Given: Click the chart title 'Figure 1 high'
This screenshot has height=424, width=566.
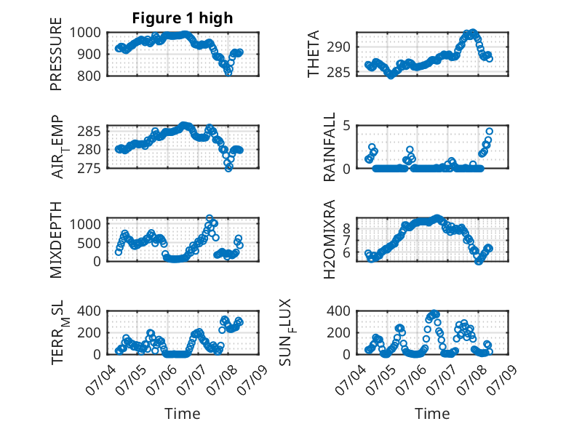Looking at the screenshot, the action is click(x=183, y=18).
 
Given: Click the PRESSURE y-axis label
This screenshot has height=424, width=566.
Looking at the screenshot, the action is click(x=56, y=54).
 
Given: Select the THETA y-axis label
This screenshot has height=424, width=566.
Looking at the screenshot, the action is click(x=314, y=54).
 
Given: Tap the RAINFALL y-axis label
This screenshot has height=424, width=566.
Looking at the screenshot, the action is click(x=330, y=147).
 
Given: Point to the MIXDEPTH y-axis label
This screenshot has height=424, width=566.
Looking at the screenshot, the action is click(x=56, y=240).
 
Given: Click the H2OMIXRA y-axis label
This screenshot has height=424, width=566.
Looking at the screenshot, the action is click(x=330, y=239).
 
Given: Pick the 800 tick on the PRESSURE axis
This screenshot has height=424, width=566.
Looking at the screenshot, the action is click(x=89, y=76).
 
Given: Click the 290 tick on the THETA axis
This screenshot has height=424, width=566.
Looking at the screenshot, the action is click(x=338, y=47).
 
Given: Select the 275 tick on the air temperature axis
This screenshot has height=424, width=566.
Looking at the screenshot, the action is click(x=89, y=168).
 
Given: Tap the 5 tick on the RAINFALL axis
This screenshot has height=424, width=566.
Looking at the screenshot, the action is click(x=346, y=126).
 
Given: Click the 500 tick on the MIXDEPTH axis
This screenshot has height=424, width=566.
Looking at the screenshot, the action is click(x=89, y=243).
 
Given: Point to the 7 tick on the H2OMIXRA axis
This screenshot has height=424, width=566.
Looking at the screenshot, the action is click(x=346, y=240).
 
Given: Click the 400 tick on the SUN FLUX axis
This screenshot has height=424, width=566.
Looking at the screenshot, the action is click(x=338, y=311).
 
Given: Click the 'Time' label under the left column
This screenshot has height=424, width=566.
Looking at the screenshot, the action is click(x=183, y=413).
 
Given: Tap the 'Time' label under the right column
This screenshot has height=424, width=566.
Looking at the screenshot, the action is click(x=432, y=413).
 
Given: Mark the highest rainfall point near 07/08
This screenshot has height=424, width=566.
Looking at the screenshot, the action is click(x=490, y=132).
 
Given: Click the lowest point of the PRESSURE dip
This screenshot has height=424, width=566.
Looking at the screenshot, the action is click(x=228, y=73).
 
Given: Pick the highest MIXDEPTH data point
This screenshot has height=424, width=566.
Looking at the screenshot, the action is click(x=210, y=218).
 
